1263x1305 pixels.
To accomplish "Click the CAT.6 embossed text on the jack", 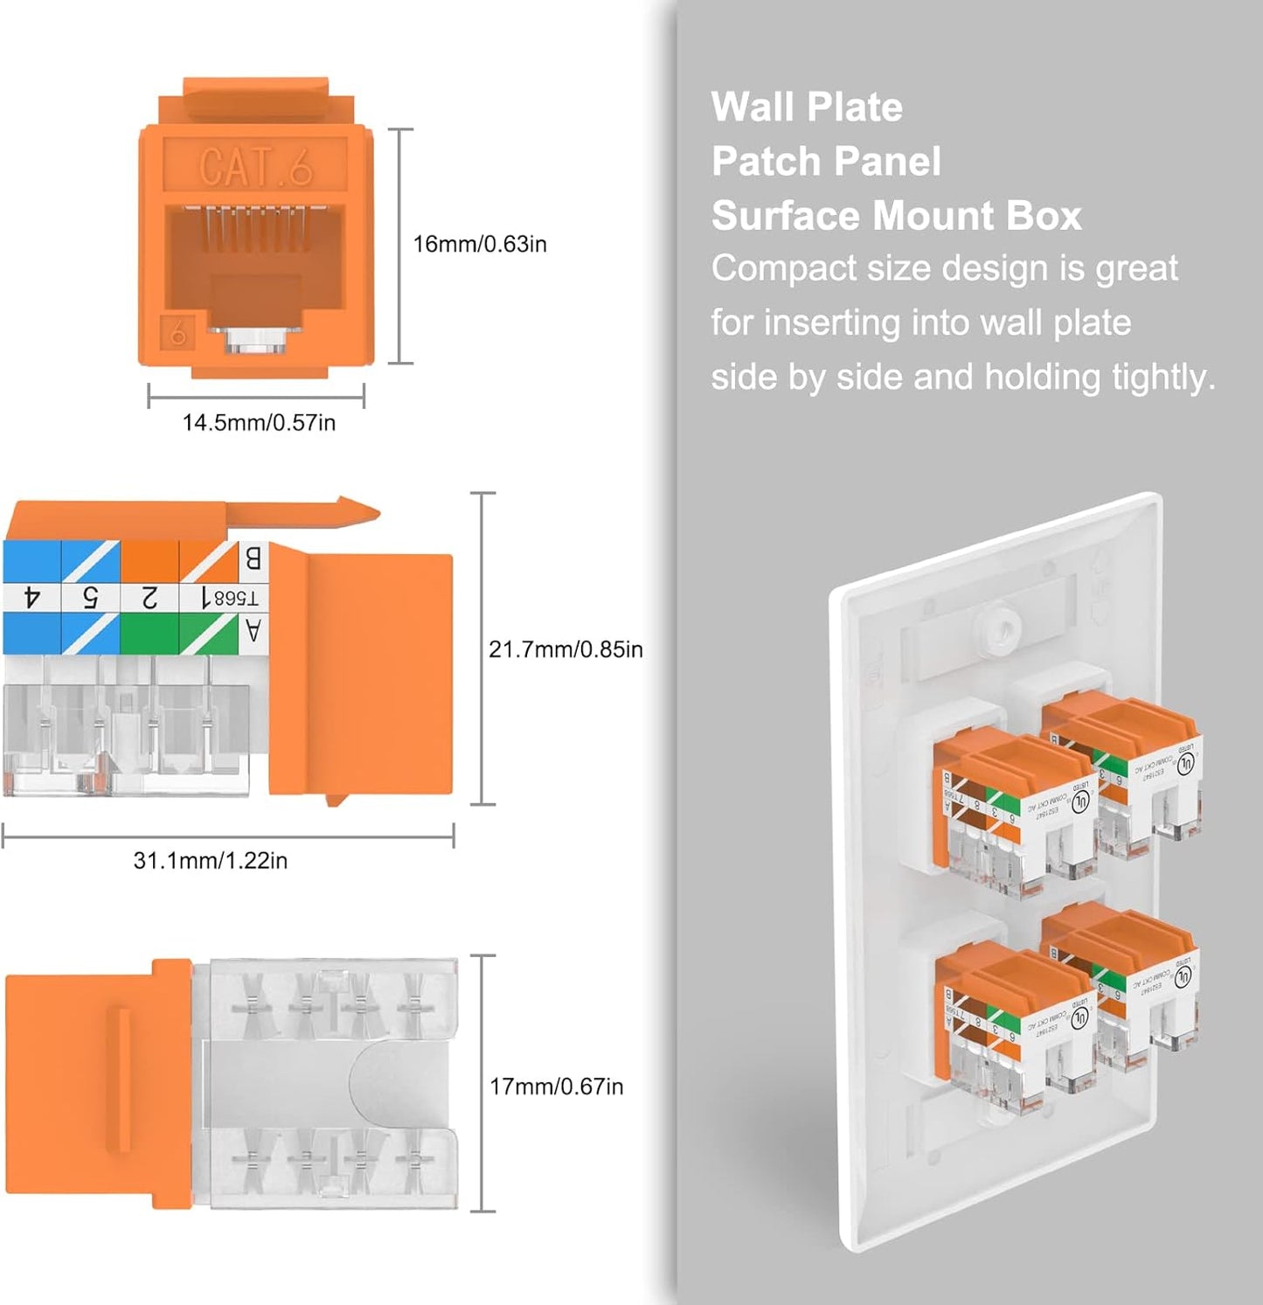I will [x=255, y=166].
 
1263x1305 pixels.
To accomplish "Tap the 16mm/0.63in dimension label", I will [x=479, y=244].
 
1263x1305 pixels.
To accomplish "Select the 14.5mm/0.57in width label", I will [x=259, y=423].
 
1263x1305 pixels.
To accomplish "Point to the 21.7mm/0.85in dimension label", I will [x=566, y=649].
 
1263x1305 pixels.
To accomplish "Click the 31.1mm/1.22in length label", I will [x=210, y=861].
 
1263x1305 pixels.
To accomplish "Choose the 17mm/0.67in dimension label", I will [x=556, y=1086].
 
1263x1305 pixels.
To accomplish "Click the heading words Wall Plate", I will [x=806, y=108].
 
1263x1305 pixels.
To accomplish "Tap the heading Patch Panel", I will [x=825, y=162].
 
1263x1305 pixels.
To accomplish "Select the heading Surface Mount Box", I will [x=896, y=216].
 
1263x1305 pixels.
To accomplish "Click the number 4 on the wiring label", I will [x=32, y=598].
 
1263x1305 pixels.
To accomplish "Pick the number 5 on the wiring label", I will [x=90, y=598].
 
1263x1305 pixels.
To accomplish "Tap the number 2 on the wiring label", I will [x=149, y=598].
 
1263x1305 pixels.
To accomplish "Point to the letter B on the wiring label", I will [x=253, y=558].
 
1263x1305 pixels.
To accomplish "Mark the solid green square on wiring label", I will [x=149, y=633].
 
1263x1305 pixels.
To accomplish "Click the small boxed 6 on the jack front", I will [x=178, y=334].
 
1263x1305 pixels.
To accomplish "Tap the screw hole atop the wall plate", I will [x=1003, y=627].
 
